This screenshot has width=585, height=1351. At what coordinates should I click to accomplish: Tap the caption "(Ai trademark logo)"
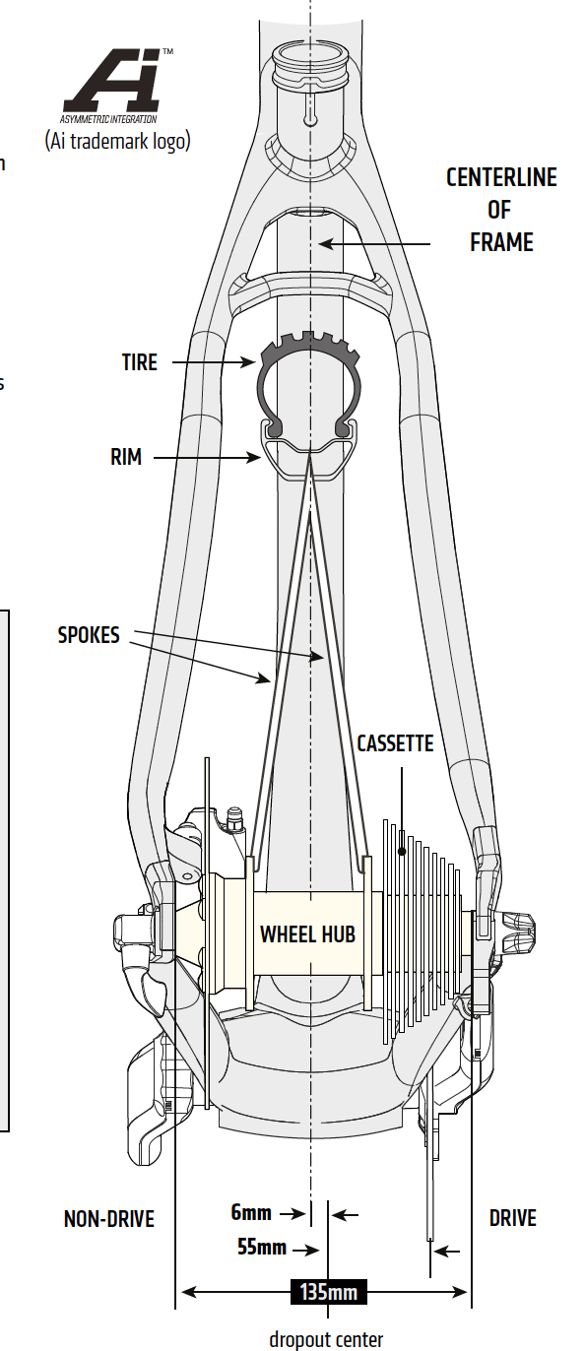click(117, 141)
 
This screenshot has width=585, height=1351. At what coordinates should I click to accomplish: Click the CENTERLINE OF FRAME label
click(501, 210)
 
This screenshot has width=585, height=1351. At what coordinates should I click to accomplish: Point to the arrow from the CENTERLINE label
click(374, 243)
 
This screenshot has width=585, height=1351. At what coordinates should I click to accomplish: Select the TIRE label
click(139, 362)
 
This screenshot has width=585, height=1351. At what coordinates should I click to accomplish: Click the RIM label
click(126, 457)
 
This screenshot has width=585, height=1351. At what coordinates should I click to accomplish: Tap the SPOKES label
click(89, 635)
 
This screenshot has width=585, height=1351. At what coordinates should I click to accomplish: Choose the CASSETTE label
click(395, 743)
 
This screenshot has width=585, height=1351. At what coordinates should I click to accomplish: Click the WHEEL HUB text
click(307, 934)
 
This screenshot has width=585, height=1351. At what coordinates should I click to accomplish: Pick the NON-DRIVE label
click(109, 1218)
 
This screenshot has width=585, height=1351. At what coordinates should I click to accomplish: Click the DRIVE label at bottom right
click(513, 1218)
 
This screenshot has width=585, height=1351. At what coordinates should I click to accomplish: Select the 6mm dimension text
click(251, 1212)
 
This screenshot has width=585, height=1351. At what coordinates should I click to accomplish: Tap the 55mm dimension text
click(262, 1247)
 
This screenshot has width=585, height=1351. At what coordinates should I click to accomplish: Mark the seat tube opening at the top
click(310, 60)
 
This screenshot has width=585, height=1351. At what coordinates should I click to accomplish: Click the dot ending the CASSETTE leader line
click(402, 851)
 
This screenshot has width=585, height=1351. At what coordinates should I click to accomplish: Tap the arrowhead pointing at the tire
click(248, 362)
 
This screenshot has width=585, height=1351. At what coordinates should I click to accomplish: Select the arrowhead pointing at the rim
click(254, 458)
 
